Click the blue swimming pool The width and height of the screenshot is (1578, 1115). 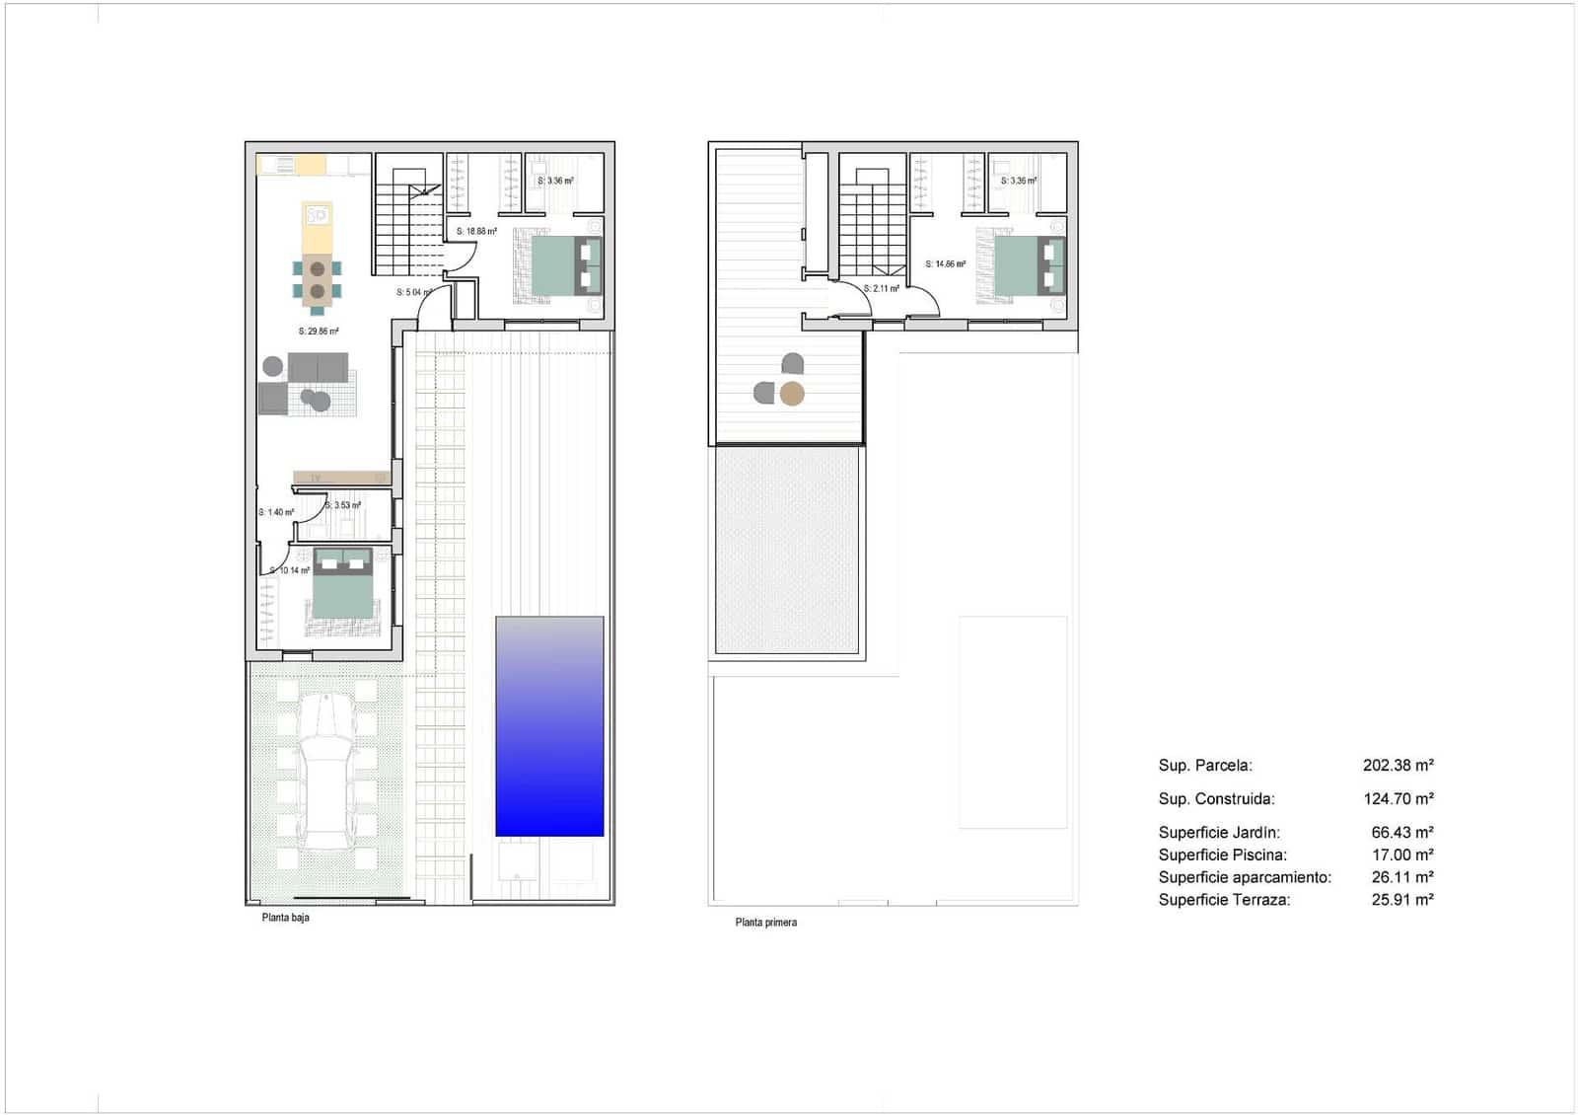pyautogui.click(x=549, y=726)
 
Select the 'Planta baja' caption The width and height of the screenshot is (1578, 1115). pyautogui.click(x=285, y=918)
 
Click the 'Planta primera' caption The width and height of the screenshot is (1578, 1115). pyautogui.click(x=765, y=923)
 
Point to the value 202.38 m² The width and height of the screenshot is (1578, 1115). pyautogui.click(x=1398, y=765)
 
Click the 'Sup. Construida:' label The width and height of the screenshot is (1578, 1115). pyautogui.click(x=1216, y=799)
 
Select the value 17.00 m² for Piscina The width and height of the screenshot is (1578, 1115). pyautogui.click(x=1401, y=855)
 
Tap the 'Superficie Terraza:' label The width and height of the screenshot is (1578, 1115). pyautogui.click(x=1224, y=899)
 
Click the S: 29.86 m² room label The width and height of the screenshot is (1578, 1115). pyautogui.click(x=319, y=332)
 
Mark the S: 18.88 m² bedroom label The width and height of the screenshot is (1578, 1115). pyautogui.click(x=476, y=232)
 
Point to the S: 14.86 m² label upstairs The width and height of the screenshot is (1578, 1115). pyautogui.click(x=945, y=264)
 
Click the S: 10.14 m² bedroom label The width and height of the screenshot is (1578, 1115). pyautogui.click(x=291, y=570)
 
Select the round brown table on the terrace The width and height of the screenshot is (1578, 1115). pyautogui.click(x=792, y=395)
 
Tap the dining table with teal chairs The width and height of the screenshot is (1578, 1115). pyautogui.click(x=317, y=279)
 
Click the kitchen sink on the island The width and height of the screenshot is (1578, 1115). pyautogui.click(x=317, y=214)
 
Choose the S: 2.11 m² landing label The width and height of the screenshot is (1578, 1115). pyautogui.click(x=881, y=289)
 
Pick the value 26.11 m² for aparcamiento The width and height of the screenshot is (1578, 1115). pyautogui.click(x=1401, y=877)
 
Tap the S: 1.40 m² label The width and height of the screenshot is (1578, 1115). pyautogui.click(x=277, y=512)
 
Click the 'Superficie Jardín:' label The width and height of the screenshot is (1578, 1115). pyautogui.click(x=1219, y=833)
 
